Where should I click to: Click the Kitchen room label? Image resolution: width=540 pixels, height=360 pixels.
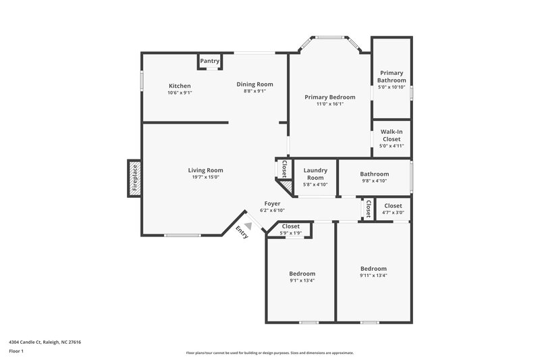[180, 86]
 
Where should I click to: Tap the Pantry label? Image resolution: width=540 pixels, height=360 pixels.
[210, 61]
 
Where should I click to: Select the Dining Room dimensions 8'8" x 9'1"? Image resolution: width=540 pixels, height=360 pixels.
[254, 91]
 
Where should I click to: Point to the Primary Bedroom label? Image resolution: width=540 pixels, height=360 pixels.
[329, 97]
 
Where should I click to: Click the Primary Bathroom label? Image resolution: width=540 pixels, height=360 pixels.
[391, 76]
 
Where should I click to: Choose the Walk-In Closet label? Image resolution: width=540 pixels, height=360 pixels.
[391, 135]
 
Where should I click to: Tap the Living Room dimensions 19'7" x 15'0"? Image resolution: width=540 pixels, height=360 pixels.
[205, 177]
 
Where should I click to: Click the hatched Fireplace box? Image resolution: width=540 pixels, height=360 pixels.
[134, 179]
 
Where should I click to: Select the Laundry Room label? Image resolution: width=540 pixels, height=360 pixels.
[315, 174]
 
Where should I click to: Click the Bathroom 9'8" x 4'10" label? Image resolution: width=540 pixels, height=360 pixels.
[374, 174]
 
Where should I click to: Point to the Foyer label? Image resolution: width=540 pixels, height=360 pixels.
[272, 203]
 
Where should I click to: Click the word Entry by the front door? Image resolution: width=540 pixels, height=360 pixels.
[242, 232]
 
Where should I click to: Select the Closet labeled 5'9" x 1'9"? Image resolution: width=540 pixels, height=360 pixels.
[290, 226]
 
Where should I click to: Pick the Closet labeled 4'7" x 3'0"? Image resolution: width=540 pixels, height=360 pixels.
[393, 206]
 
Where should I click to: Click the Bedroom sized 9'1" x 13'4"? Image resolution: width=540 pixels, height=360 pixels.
[302, 274]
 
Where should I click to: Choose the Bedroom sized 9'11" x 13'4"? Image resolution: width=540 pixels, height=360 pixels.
[373, 267]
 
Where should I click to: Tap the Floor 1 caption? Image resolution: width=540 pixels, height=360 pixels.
[16, 352]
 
